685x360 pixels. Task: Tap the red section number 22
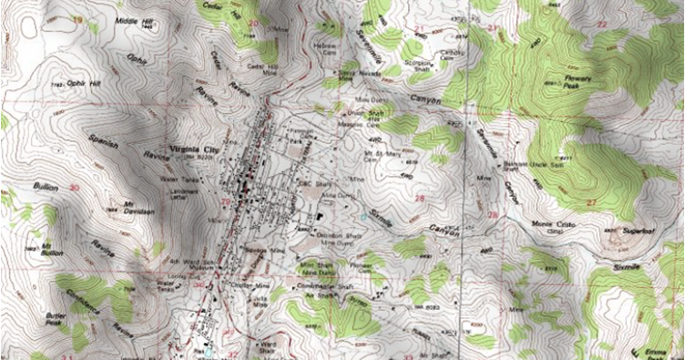(x=629, y=22)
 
